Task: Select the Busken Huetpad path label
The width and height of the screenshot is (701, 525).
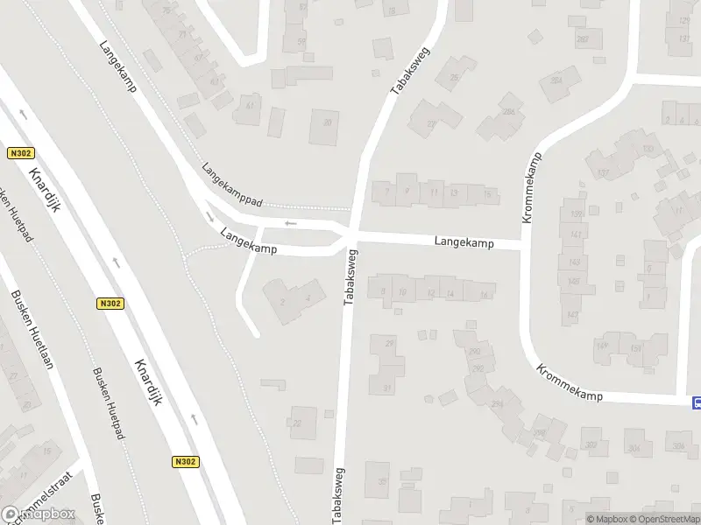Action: point(110,398)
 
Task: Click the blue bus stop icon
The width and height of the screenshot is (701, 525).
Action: point(697,402)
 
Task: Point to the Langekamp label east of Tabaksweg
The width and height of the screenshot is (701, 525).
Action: point(465,241)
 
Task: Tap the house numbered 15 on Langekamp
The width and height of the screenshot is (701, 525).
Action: point(487,193)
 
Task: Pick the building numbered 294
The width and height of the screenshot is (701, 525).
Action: point(497,404)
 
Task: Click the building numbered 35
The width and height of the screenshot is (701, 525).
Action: point(381,481)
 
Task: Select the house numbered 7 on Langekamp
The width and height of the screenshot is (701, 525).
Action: point(386,190)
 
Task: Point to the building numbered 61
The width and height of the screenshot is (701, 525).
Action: point(250,107)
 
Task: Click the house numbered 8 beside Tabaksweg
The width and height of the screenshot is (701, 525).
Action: point(383,290)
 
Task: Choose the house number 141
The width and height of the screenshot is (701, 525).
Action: point(574,235)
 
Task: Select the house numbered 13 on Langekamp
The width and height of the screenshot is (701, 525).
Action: point(453,192)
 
